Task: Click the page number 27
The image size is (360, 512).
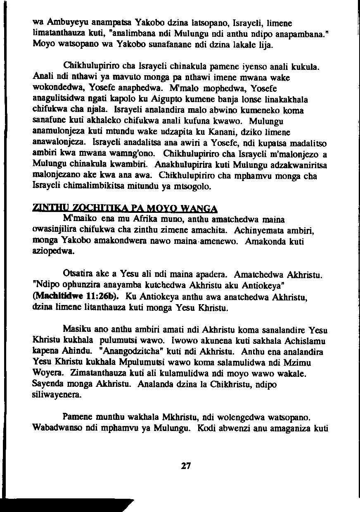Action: click(186, 466)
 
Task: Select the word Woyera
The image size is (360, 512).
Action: click(47, 374)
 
